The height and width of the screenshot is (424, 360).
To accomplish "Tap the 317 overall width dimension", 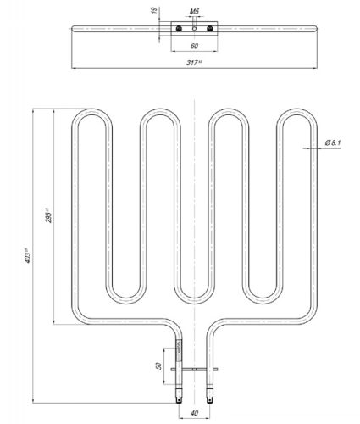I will coord(195,63).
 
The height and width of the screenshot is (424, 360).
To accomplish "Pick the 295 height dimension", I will coord(49,217).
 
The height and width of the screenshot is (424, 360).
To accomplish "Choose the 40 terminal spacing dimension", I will coord(194,413).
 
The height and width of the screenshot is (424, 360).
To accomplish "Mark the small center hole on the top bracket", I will coord(195,28).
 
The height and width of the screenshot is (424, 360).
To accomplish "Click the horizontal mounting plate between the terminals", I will coord(195,369).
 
